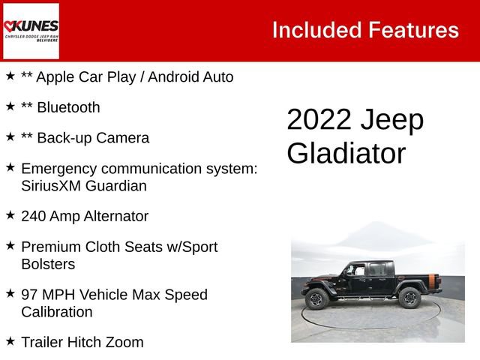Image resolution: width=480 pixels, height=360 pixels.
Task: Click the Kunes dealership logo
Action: (31, 30)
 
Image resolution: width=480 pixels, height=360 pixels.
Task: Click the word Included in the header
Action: (316, 30)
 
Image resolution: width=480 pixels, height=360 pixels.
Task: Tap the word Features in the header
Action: (413, 30)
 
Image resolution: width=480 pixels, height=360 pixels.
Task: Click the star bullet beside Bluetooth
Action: (10, 106)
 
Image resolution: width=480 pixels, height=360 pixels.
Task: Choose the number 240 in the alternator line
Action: (34, 216)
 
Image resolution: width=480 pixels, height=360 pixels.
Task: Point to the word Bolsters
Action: (48, 264)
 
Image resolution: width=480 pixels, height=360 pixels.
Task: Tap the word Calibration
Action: (57, 312)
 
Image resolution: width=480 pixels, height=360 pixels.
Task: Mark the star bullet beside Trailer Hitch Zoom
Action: (10, 341)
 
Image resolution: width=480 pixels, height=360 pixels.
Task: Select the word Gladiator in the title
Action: (346, 153)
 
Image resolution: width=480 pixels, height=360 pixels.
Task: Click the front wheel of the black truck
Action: (317, 298)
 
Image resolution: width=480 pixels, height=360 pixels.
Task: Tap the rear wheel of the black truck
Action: (409, 298)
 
